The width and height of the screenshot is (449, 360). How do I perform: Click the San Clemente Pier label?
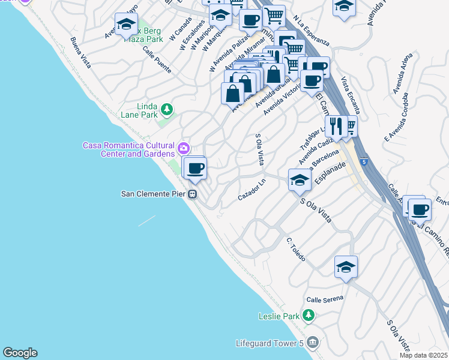point(154,194)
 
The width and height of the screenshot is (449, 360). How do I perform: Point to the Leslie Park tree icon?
point(308,315)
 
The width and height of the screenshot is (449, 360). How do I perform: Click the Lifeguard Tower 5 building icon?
point(312,343)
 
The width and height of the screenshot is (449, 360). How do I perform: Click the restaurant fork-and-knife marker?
point(336,126)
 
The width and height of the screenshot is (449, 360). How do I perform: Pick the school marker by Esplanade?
point(300,179)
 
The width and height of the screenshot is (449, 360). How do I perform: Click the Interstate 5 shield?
point(364,162)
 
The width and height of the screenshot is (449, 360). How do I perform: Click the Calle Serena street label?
point(324,299)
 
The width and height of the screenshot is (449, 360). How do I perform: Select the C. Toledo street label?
point(296,249)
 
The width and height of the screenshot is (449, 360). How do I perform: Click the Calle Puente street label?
point(157,61)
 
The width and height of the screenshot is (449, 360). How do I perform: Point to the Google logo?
point(20,353)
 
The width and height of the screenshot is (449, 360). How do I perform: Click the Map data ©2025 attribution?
point(423,355)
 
